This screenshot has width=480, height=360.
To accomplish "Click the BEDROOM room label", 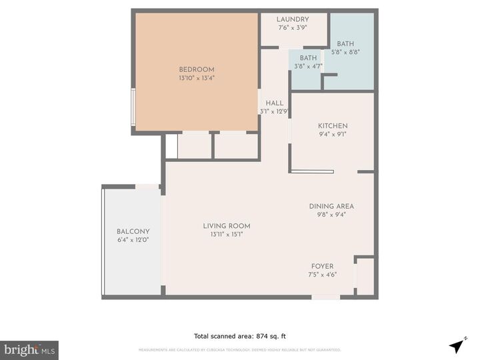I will point(197,69).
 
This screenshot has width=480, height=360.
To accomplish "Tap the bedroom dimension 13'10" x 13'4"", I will point(197,78).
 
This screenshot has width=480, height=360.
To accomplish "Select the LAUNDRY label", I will point(293,19).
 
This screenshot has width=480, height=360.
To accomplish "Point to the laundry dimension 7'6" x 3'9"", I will point(293,28).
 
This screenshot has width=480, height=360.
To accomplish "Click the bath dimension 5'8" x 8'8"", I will point(345,52).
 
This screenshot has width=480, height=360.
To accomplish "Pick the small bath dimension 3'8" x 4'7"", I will point(308,66).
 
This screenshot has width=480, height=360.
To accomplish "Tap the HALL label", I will point(275,103).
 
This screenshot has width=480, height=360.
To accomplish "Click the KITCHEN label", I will point(333,125).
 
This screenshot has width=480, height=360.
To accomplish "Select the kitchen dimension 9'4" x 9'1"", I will point(333,134).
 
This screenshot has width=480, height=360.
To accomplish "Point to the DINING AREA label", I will point(331,206).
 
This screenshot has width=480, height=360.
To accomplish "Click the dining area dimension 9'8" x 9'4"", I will point(331,215).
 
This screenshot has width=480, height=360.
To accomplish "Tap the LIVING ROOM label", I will point(227,226).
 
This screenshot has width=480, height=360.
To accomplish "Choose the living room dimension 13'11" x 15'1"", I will point(227,235).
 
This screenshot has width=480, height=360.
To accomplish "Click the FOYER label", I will point(322,266).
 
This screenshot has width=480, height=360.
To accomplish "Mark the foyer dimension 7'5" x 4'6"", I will point(322,275).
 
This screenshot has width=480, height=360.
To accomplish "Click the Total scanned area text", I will point(240,337).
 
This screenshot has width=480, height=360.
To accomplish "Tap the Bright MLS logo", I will point(29,350).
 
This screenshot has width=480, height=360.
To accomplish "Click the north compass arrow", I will point(457,346).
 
